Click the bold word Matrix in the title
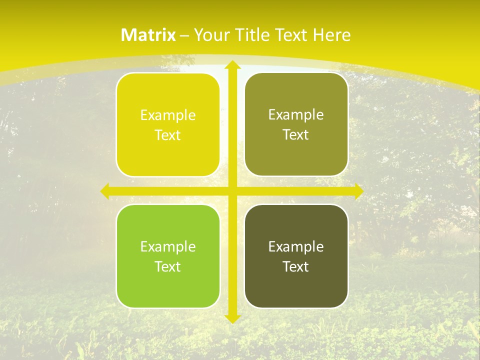click(148, 35)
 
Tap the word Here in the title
click(331, 35)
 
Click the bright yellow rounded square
click(168, 124)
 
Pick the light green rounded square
click(168, 256)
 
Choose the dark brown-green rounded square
click(296, 256)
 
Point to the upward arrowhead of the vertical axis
click(232, 65)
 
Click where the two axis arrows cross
click(232, 191)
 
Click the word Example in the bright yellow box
click(168, 115)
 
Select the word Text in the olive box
click(296, 134)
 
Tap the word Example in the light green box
click(168, 246)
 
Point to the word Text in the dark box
click(296, 266)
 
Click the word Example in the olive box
click(296, 115)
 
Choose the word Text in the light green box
click(168, 266)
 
